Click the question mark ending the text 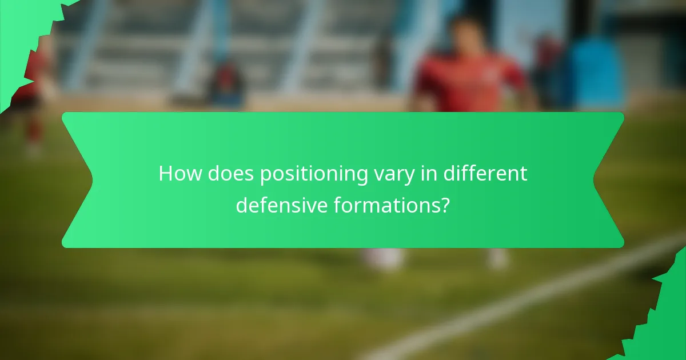[444, 205]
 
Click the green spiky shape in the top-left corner [23, 29]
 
